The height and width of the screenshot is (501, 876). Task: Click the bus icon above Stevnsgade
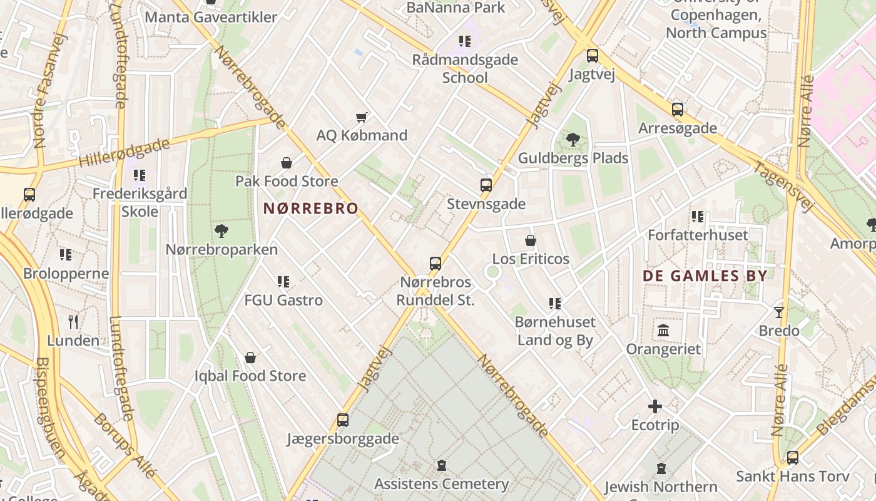point(486,185)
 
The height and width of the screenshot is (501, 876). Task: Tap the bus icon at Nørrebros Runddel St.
point(435,264)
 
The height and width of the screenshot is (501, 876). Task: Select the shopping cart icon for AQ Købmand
point(361,117)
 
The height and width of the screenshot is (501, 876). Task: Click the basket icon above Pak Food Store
point(287,163)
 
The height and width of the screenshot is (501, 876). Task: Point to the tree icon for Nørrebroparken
point(222,231)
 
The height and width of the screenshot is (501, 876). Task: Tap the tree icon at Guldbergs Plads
point(573,140)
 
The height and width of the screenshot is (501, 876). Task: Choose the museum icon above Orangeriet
point(663,330)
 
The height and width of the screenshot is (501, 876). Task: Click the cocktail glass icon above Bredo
point(779,312)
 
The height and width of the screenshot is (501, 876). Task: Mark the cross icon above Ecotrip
point(655,407)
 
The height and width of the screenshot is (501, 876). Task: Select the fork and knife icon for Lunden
point(73,323)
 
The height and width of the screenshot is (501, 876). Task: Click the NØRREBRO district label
point(311,209)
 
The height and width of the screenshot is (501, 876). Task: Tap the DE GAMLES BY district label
point(705,276)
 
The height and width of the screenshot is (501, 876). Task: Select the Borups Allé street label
point(125,445)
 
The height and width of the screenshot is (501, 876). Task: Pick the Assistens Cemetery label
point(441,484)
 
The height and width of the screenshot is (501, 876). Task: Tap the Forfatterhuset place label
point(698,235)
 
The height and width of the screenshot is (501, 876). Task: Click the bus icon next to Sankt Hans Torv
point(793,458)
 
